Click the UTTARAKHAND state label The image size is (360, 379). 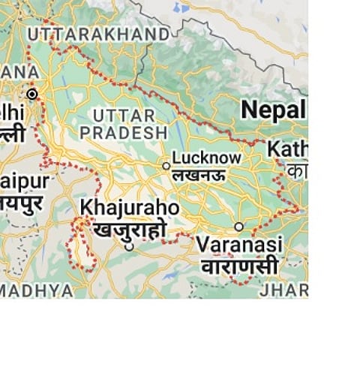(98, 35)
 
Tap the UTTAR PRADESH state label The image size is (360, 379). (124, 124)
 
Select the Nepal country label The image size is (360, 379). (273, 110)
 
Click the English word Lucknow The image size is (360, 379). (207, 158)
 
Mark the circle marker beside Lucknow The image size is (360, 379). (166, 165)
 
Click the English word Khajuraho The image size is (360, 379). (130, 207)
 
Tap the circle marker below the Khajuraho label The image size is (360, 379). (129, 245)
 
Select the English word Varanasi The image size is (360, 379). (239, 245)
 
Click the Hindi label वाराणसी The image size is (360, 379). (238, 266)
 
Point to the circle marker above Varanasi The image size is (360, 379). (238, 226)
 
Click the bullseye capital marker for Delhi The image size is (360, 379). (31, 95)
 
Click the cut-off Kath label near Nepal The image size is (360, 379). (287, 149)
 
